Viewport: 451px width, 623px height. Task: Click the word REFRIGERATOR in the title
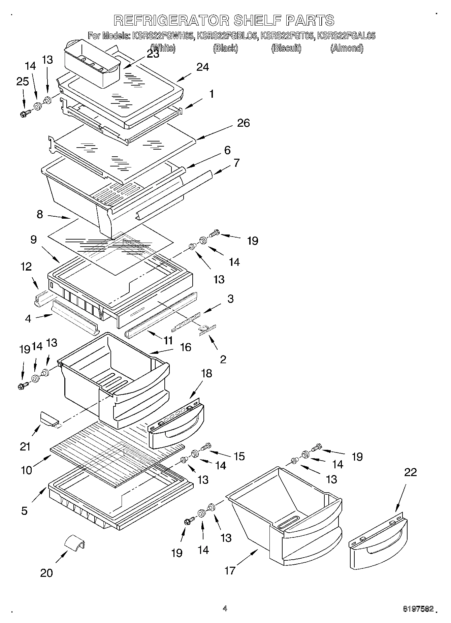[172, 21]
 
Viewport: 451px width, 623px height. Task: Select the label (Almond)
[347, 48]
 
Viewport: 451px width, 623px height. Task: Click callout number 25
[23, 82]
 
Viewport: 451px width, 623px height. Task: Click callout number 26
[243, 123]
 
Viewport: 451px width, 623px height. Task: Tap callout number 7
[236, 163]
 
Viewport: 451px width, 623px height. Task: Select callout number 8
[40, 214]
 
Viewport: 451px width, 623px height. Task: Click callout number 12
[26, 267]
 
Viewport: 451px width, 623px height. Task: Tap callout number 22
[410, 472]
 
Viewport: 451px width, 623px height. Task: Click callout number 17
[230, 570]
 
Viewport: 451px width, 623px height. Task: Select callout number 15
[239, 456]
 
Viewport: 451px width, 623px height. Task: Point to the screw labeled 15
[206, 447]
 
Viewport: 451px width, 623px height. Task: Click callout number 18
[206, 373]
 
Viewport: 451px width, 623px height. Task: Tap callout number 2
[223, 359]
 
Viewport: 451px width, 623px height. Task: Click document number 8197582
[418, 609]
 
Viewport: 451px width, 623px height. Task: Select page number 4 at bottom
[225, 609]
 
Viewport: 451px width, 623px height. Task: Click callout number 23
[153, 54]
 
